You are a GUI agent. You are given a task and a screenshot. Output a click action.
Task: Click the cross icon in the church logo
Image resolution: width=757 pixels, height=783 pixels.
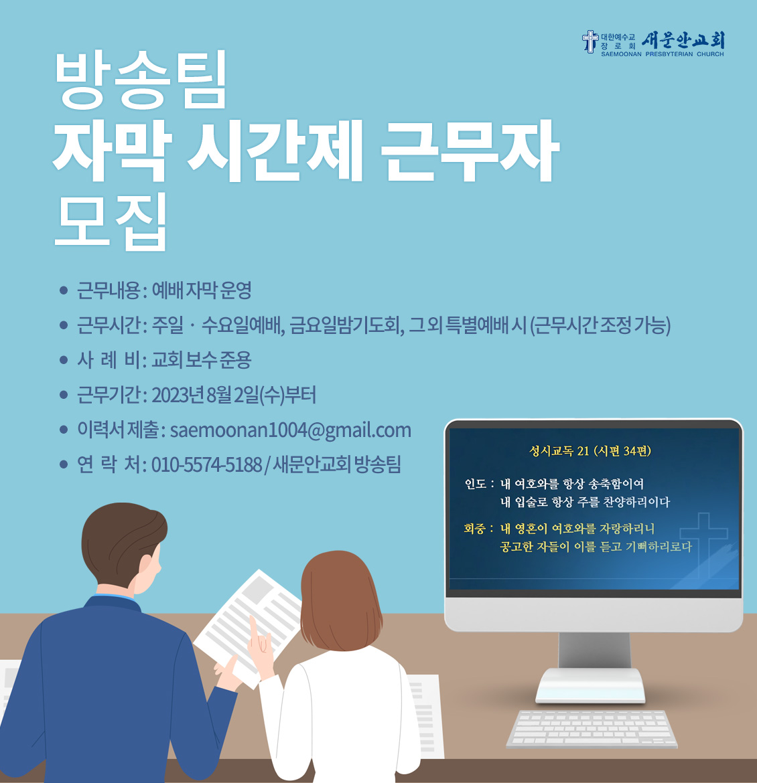tap(590, 41)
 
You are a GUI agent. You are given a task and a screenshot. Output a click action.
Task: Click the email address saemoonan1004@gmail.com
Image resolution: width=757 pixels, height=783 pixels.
tap(291, 430)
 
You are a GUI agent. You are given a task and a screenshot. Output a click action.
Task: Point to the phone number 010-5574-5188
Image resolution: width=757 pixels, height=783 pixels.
tap(206, 465)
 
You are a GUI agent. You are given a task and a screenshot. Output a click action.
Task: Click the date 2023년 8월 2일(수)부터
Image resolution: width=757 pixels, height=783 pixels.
tap(234, 395)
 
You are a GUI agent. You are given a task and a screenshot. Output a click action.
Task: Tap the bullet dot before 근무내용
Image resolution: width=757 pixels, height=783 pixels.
tap(64, 290)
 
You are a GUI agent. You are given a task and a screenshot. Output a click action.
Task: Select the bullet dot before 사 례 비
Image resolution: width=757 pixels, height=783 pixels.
tap(64, 360)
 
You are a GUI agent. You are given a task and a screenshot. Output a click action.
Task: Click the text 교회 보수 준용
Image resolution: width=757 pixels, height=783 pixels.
tap(202, 360)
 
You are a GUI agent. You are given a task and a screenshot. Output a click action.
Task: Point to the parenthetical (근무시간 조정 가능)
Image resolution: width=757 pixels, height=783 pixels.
tap(600, 326)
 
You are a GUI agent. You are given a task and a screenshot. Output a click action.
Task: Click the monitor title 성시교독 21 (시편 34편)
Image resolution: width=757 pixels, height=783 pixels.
tap(590, 451)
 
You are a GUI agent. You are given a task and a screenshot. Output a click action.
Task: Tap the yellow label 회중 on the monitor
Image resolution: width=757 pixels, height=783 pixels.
tap(474, 528)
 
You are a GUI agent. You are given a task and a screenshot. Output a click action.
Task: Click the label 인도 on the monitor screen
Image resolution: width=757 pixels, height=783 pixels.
tap(475, 484)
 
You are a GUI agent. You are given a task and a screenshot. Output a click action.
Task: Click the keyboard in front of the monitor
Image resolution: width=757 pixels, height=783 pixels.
tap(592, 729)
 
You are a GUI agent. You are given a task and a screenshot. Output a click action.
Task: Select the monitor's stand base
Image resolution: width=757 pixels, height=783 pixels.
tap(590, 685)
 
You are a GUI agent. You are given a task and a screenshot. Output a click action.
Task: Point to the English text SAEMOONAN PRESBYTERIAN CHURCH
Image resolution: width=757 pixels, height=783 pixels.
tap(663, 54)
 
